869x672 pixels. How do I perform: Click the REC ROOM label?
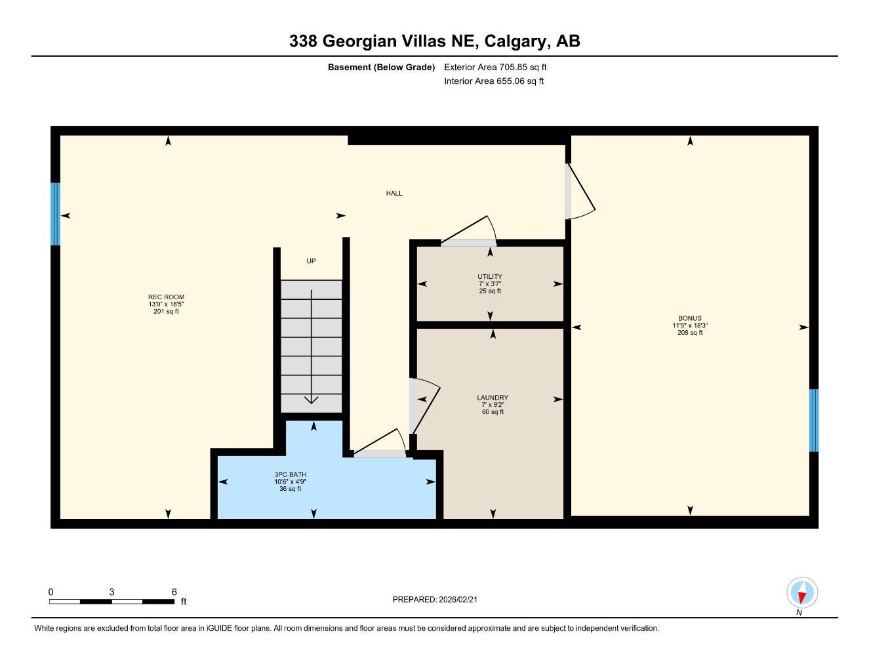(x=166, y=297)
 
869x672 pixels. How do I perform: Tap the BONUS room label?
(x=689, y=318)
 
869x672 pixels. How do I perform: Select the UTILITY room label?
(x=490, y=277)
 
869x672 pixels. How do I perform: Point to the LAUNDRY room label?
(x=493, y=398)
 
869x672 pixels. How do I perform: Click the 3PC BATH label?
(x=291, y=474)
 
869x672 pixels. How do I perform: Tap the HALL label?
(x=394, y=193)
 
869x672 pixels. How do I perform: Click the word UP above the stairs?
(x=311, y=261)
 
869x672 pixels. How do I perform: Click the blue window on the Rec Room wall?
(x=56, y=214)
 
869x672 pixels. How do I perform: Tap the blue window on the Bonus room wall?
(x=813, y=420)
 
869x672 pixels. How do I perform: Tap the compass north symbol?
(x=801, y=594)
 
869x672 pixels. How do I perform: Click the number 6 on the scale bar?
(x=174, y=592)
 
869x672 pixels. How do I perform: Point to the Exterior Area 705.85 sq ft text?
(x=495, y=67)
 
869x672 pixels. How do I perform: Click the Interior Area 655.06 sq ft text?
(x=494, y=81)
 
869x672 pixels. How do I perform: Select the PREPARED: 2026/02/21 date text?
(x=439, y=599)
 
